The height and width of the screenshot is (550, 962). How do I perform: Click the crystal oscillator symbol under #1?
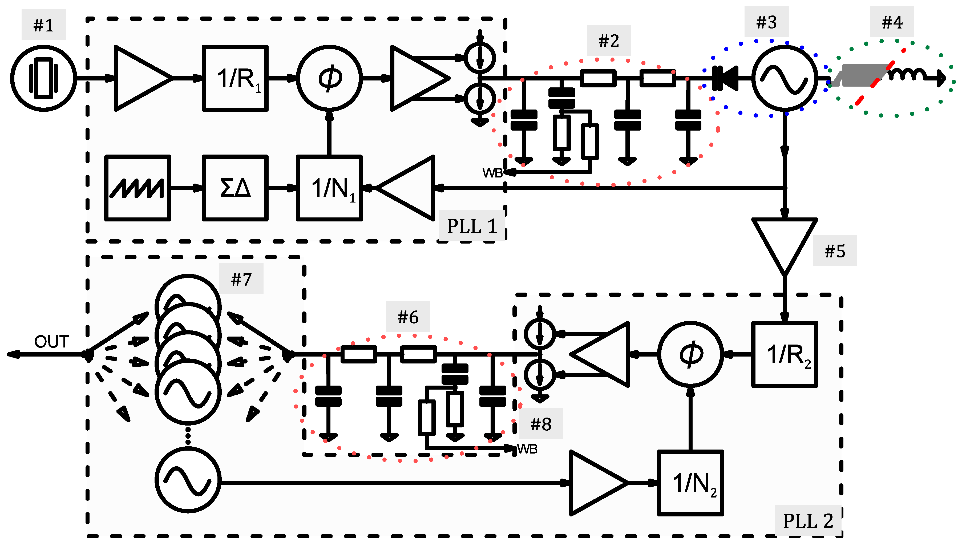pos(43,78)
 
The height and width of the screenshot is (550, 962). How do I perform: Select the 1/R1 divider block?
pos(235,78)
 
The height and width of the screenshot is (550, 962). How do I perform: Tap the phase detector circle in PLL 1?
pos(329,78)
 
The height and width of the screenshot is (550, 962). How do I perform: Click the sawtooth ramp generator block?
pos(138,188)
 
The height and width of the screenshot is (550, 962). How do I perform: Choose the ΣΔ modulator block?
pos(235,188)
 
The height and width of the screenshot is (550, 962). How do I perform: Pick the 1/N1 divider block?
pos(329,188)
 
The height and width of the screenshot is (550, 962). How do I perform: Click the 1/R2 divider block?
pos(785,354)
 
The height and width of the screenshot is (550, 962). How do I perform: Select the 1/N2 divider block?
pos(690,483)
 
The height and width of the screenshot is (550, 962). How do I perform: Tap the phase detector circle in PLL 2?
pos(690,354)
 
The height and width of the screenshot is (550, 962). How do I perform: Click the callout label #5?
pos(834,251)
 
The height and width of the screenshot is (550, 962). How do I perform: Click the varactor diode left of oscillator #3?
pos(725,78)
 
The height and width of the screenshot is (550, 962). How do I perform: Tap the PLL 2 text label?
pos(807,521)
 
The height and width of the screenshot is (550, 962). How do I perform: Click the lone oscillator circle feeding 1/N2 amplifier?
pos(188,480)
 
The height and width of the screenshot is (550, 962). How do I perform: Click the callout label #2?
pos(608,41)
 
